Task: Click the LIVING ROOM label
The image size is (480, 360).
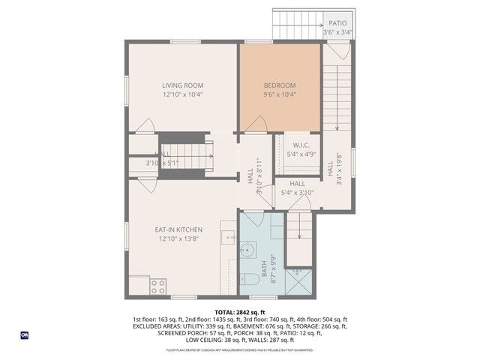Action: click(x=183, y=85)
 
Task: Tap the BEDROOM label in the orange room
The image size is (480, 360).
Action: click(x=280, y=85)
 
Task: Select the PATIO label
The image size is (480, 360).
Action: click(x=337, y=24)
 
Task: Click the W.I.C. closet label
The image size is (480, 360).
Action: click(x=301, y=145)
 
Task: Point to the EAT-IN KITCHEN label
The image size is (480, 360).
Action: click(x=178, y=229)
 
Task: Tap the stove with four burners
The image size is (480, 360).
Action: click(x=158, y=286)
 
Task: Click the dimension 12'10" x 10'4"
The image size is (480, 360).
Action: click(x=183, y=95)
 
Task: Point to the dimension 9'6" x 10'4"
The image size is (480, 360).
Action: click(x=280, y=95)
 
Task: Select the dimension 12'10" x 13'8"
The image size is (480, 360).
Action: click(x=178, y=239)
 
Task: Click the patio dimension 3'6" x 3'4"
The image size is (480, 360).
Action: click(x=337, y=33)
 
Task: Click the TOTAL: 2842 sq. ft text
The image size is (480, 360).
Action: click(x=240, y=312)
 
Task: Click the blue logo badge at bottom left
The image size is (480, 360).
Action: click(x=24, y=334)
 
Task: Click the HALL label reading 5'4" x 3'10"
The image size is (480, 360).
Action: click(x=297, y=188)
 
